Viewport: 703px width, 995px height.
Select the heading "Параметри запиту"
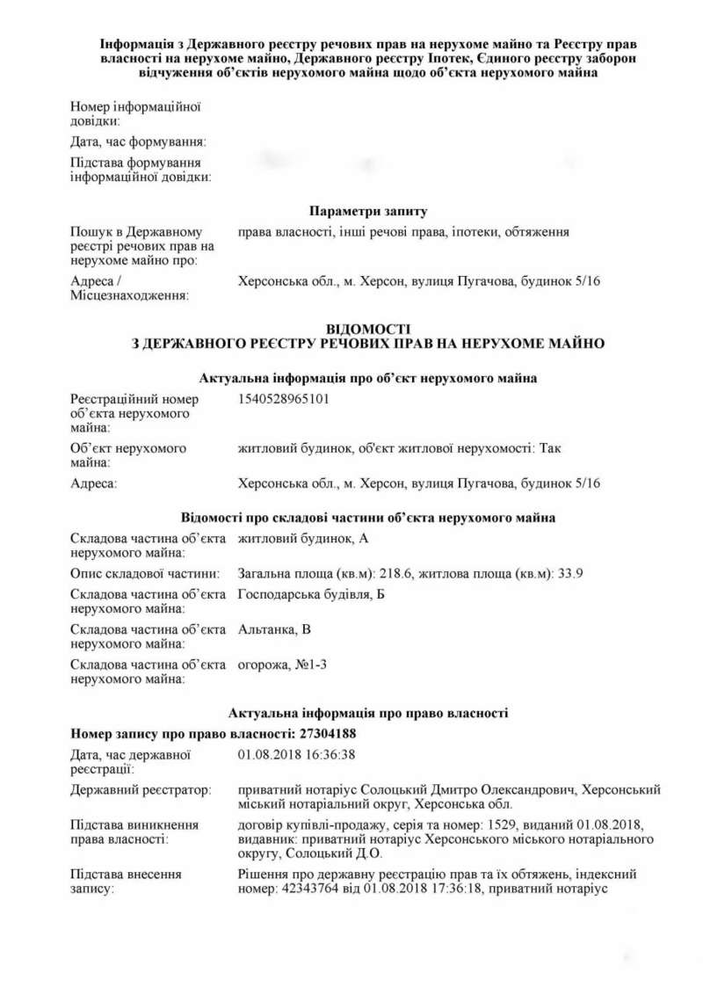[x=368, y=211]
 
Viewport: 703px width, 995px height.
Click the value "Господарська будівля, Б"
[x=312, y=596]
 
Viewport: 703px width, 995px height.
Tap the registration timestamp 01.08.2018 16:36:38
[x=296, y=754]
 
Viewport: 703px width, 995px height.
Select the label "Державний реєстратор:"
[x=141, y=790]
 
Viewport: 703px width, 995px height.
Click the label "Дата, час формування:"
[x=138, y=142]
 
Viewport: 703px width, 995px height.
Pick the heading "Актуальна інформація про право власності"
[x=368, y=712]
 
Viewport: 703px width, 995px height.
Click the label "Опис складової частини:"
[x=144, y=574]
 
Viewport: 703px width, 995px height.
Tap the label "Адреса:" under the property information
[x=94, y=483]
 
